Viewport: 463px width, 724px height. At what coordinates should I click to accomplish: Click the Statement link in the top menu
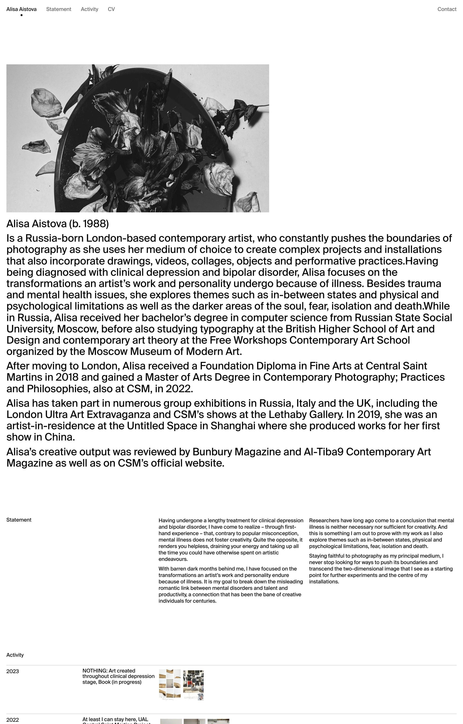[x=59, y=9]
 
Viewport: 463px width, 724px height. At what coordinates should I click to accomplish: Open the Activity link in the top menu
[x=89, y=9]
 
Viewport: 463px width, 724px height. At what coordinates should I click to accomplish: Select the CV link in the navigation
[x=111, y=9]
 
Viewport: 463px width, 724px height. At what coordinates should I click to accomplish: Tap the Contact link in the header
[x=446, y=9]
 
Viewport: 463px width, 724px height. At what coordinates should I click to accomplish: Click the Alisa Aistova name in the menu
[x=21, y=9]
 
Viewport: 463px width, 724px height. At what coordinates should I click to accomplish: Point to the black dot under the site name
[x=21, y=15]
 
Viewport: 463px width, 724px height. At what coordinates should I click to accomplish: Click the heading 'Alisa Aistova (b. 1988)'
[x=57, y=223]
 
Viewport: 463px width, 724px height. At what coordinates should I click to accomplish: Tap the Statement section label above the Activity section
[x=19, y=520]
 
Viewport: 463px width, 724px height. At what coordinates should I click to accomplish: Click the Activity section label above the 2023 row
[x=15, y=655]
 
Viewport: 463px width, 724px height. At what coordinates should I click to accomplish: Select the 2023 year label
[x=12, y=671]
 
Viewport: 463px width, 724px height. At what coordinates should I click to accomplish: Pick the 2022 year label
[x=12, y=720]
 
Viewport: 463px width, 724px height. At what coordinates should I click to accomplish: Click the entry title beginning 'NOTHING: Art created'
[x=118, y=676]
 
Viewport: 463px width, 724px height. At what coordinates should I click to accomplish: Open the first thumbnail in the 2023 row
[x=170, y=684]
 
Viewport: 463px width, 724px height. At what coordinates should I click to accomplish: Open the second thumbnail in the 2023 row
[x=193, y=685]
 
